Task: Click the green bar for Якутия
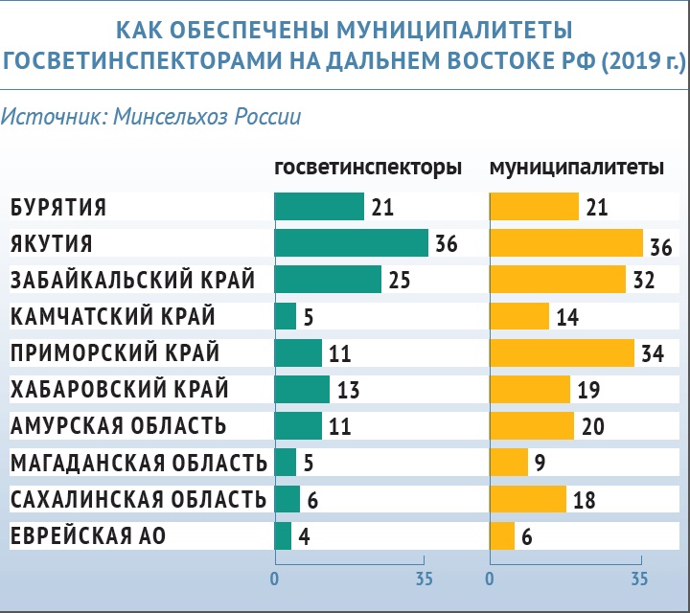click(x=351, y=243)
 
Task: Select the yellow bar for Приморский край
click(x=562, y=352)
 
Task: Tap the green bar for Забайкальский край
click(x=328, y=280)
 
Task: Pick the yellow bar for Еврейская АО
click(x=502, y=535)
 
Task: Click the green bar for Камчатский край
click(x=286, y=316)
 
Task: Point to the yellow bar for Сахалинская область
click(x=528, y=499)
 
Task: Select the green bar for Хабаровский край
click(x=302, y=389)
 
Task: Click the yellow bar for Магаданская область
click(x=509, y=463)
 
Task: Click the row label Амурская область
click(x=119, y=426)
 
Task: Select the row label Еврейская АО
click(x=88, y=536)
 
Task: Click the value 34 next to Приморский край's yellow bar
click(x=653, y=353)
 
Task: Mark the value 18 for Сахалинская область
click(x=585, y=500)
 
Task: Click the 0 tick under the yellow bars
click(x=490, y=579)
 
